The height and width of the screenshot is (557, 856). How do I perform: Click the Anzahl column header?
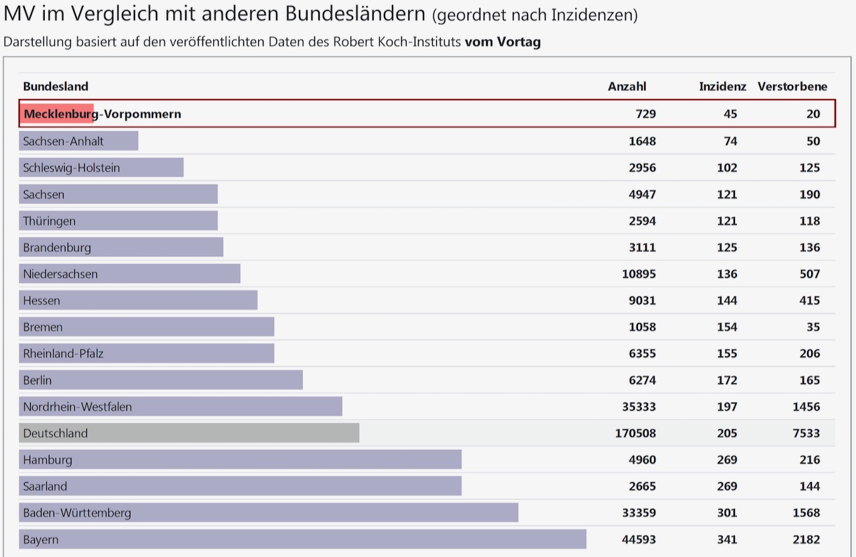627,86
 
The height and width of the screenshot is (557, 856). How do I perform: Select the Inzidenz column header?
722,86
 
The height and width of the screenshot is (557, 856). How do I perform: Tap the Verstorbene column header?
792,86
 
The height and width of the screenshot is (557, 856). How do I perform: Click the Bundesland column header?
56,86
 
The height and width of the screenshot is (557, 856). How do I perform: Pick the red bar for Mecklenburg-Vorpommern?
57,114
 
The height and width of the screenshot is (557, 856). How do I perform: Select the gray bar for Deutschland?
189,433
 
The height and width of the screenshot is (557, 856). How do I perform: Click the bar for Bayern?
302,540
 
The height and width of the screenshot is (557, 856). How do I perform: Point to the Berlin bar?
160,380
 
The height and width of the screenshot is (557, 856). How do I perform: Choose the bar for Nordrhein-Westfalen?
181,407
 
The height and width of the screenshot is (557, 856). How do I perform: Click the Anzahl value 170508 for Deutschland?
635,433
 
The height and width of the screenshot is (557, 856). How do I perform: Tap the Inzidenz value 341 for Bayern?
726,540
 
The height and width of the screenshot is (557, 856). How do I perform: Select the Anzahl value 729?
645,114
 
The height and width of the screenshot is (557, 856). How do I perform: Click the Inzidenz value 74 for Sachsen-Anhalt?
730,141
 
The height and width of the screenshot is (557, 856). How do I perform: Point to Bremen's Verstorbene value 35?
813,327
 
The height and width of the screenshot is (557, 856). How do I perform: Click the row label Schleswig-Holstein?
72,168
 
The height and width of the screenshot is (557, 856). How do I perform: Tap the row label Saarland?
45,486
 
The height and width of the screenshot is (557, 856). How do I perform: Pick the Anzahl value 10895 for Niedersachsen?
639,274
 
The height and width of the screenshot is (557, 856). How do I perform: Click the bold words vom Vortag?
502,41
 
